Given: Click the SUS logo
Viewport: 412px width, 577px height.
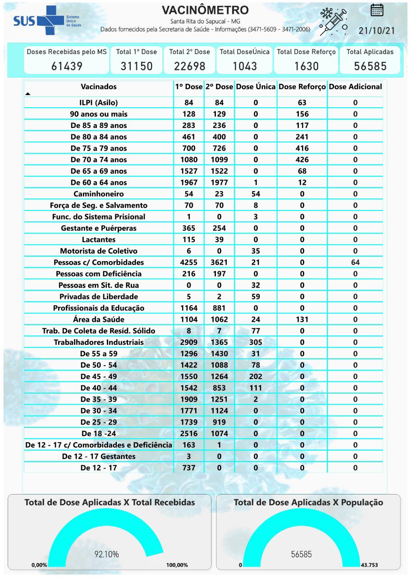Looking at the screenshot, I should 41,21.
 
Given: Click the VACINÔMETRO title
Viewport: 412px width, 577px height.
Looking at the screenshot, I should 205,10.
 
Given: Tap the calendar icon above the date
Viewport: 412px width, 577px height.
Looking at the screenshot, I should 377,10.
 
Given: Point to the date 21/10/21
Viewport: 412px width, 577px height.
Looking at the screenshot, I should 376,31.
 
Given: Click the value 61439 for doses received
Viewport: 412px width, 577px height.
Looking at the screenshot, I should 67,66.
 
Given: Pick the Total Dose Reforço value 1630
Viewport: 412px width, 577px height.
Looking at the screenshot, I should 307,66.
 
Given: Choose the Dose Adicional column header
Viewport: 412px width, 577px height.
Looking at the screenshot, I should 355,87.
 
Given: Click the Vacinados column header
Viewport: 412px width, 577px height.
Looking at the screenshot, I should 99,87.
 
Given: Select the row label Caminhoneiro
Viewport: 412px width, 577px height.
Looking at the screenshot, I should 99,194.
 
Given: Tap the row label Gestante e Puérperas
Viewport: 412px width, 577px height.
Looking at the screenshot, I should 99,228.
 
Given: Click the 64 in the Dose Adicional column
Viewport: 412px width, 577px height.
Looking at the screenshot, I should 355,262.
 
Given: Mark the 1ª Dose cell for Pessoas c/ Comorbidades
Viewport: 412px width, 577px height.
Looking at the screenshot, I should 189,262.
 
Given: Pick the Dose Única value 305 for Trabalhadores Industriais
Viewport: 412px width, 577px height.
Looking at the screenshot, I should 256,342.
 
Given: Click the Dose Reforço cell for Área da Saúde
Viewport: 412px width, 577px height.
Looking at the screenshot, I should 302,319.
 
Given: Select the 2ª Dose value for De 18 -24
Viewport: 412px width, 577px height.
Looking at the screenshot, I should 220,434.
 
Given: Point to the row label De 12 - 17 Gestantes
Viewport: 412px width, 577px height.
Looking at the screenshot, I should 99,456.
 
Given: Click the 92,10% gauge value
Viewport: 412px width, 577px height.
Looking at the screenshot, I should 106,554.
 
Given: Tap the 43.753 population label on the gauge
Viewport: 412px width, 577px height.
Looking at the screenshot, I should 370,565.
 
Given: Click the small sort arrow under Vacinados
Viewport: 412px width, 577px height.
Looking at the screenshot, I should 28,94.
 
